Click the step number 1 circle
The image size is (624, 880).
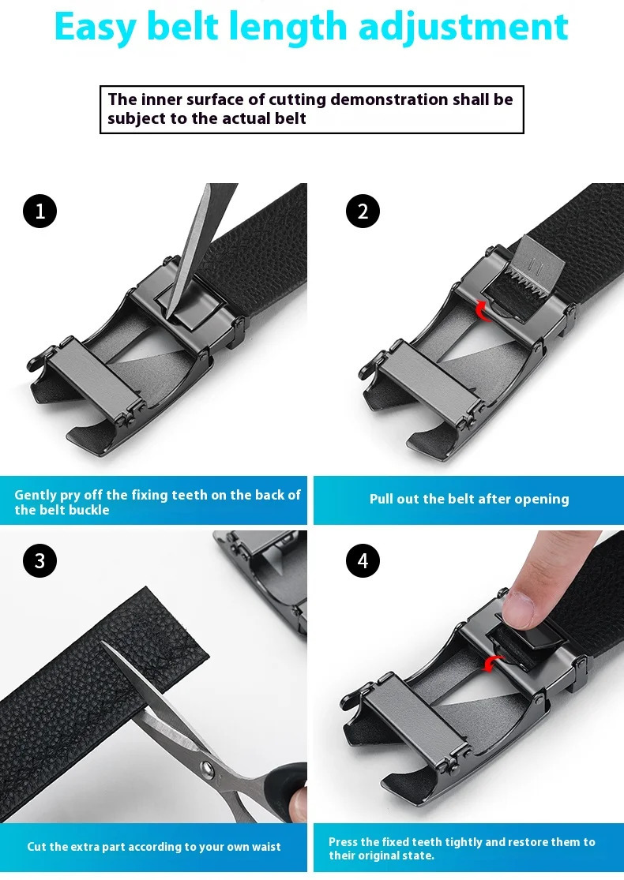40,211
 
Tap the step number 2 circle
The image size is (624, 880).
363,211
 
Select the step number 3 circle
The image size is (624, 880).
40,561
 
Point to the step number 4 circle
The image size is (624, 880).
363,561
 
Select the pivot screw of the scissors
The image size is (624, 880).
207,767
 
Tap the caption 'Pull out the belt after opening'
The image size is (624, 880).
469,499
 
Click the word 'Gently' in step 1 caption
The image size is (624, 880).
36,495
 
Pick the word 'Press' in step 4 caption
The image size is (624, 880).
344,842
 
